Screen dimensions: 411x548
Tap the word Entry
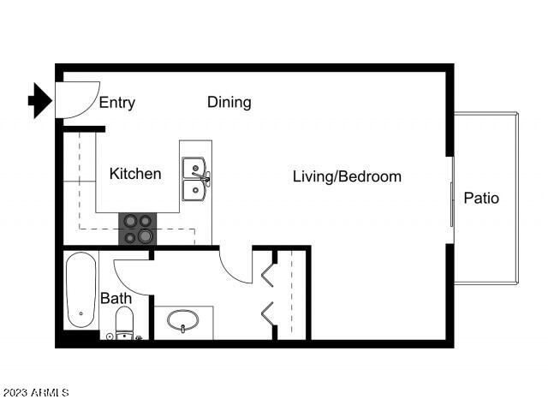117,104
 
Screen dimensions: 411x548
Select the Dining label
229,103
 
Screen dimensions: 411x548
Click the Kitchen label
135,174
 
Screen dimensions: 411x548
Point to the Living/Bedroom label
347,177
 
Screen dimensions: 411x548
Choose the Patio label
481,198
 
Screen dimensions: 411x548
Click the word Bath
116,299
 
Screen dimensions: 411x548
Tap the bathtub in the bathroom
81,289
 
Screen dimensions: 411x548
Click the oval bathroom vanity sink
182,322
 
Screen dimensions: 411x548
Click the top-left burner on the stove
130,220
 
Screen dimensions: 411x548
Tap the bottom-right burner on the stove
146,235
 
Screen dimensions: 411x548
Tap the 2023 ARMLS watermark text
36,392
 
